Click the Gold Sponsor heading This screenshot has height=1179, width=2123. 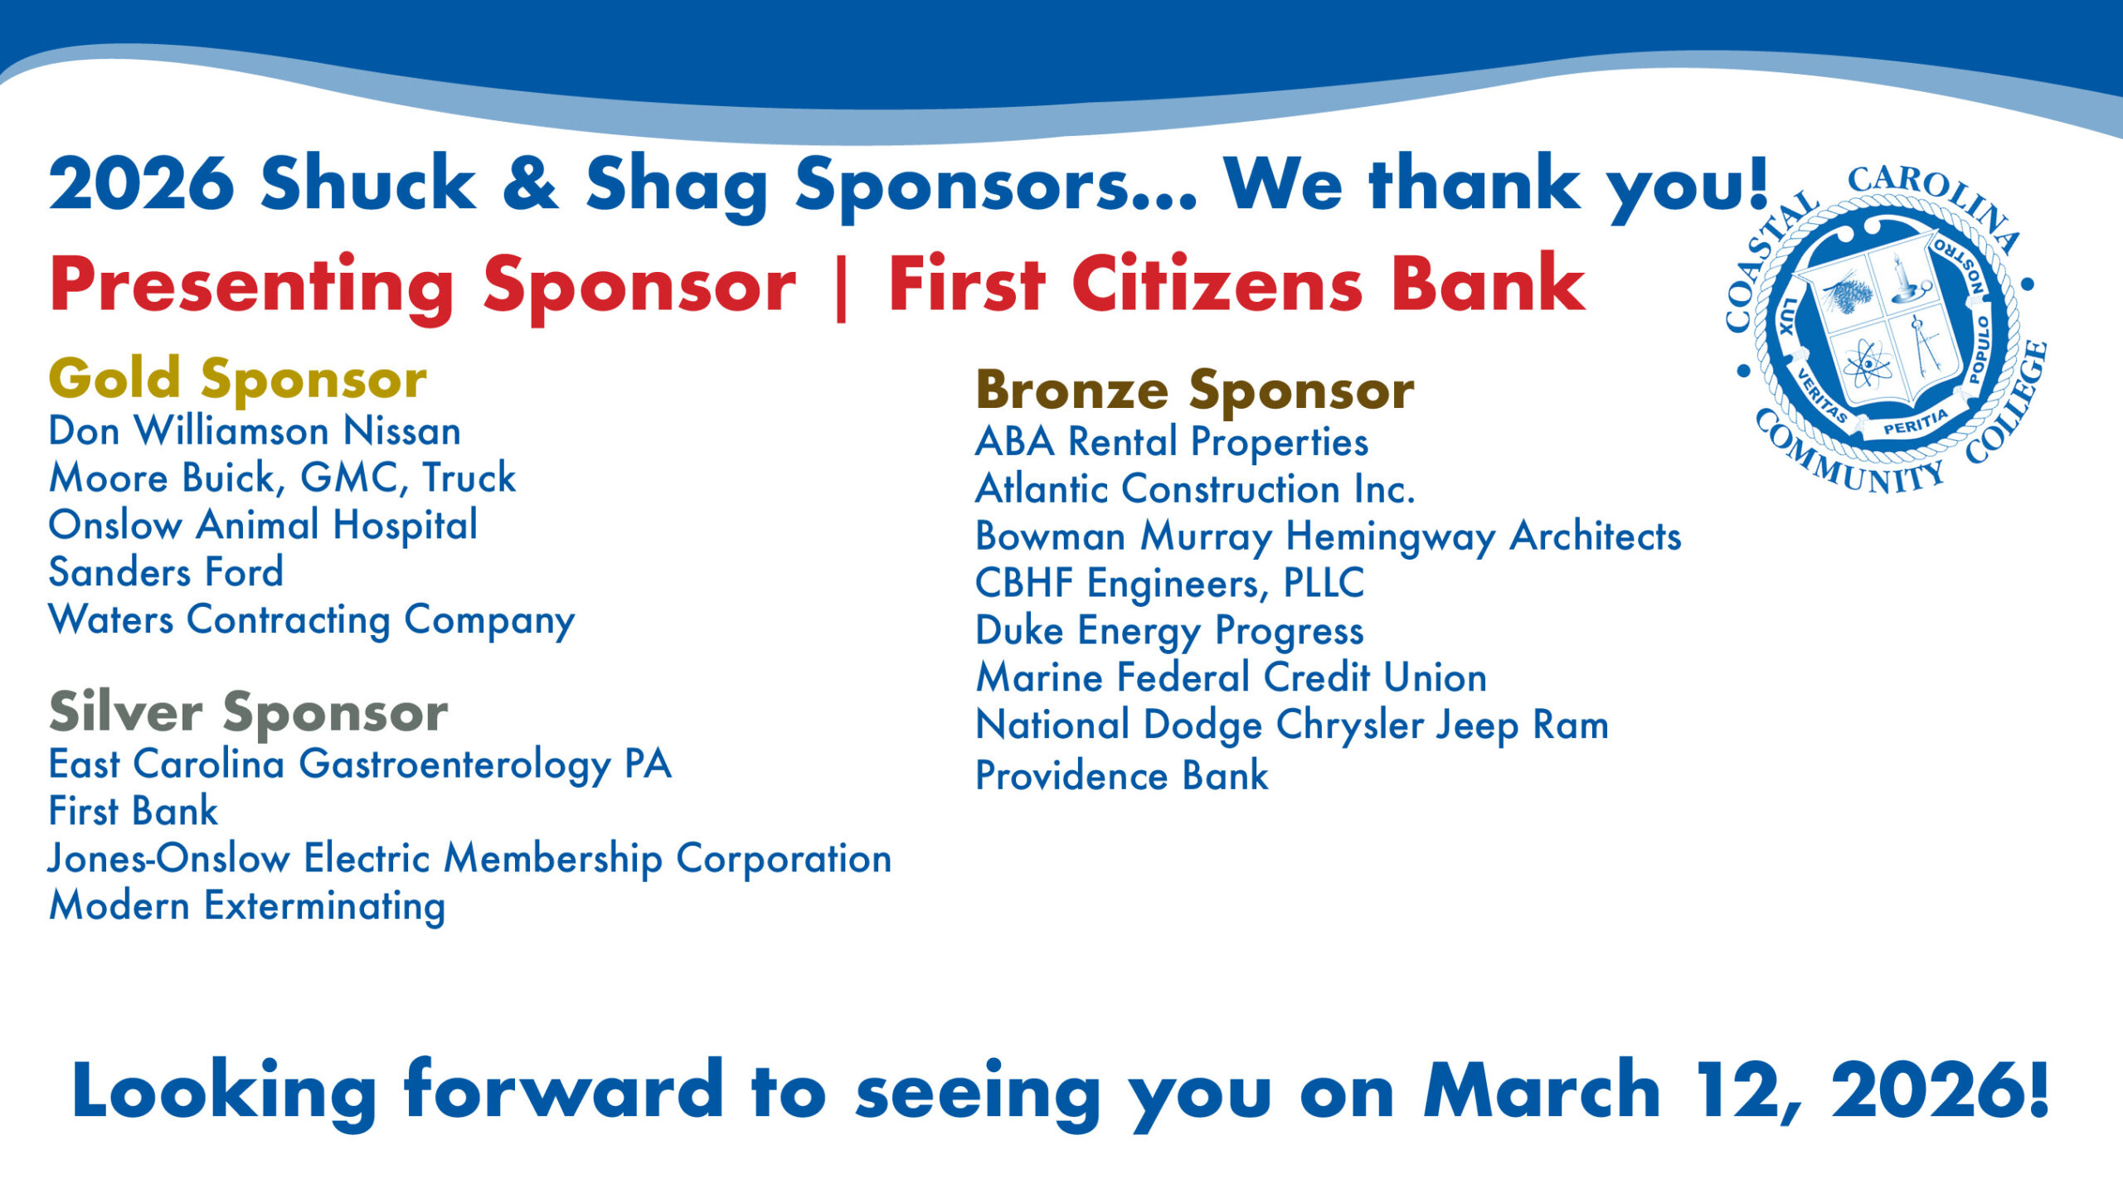(x=238, y=379)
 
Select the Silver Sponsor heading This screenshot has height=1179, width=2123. (x=249, y=712)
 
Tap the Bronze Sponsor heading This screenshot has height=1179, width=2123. (x=1195, y=391)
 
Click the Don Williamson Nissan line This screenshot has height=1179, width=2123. (x=255, y=431)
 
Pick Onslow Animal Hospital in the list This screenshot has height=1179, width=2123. (x=263, y=526)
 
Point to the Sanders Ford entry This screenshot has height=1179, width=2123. (x=166, y=572)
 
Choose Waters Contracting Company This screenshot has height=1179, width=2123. (x=312, y=621)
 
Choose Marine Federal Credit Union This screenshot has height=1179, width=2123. (x=1232, y=677)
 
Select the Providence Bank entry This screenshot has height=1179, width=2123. (x=1122, y=776)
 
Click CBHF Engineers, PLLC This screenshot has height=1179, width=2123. (x=1170, y=584)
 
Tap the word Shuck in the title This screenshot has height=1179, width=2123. (x=368, y=183)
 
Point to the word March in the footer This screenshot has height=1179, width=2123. (x=1542, y=1090)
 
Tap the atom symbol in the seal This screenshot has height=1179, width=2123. (x=1866, y=364)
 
